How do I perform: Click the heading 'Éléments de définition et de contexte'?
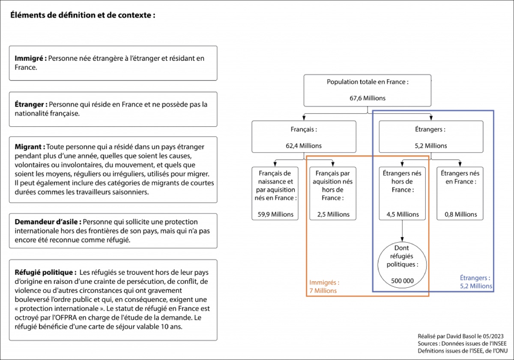pos(81,15)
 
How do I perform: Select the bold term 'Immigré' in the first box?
pos(29,59)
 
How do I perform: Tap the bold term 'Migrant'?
pos(28,147)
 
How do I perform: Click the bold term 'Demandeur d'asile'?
pos(46,222)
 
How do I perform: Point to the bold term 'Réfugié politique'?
pos(44,272)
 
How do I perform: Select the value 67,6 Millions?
pos(368,98)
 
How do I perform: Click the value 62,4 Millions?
pos(304,146)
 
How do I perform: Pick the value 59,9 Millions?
pos(275,214)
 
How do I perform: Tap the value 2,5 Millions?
pos(333,214)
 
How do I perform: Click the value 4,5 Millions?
pos(403,214)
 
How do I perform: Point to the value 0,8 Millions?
pos(461,214)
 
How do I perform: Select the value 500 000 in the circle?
pos(403,281)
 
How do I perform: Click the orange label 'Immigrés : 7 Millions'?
pos(324,286)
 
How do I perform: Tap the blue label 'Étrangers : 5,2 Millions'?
pos(476,282)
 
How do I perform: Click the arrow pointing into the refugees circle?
pos(402,231)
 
